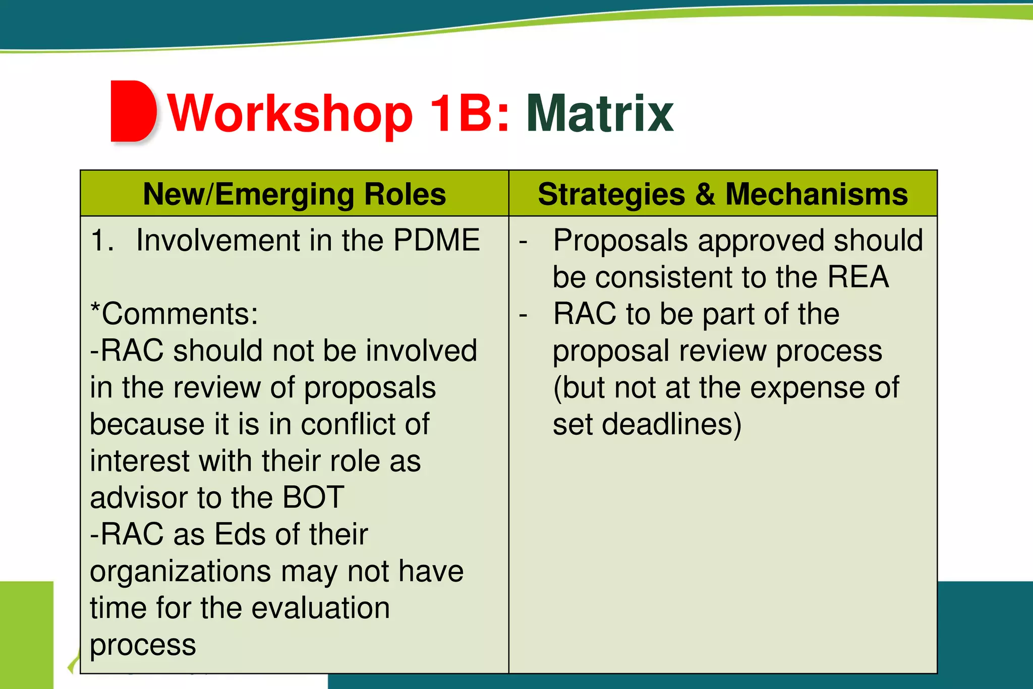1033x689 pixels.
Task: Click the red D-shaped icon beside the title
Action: click(x=133, y=111)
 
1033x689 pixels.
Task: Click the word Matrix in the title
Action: click(x=600, y=114)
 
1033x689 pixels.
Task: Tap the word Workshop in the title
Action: click(x=291, y=114)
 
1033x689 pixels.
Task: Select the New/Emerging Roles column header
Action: click(x=295, y=194)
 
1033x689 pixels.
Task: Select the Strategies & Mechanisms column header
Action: click(x=723, y=194)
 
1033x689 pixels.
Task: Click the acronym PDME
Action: click(x=436, y=240)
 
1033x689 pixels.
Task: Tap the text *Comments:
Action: click(x=174, y=314)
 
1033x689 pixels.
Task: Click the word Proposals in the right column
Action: click(x=620, y=240)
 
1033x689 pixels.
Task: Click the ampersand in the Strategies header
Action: click(x=705, y=194)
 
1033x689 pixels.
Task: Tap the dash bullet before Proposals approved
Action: click(x=524, y=241)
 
